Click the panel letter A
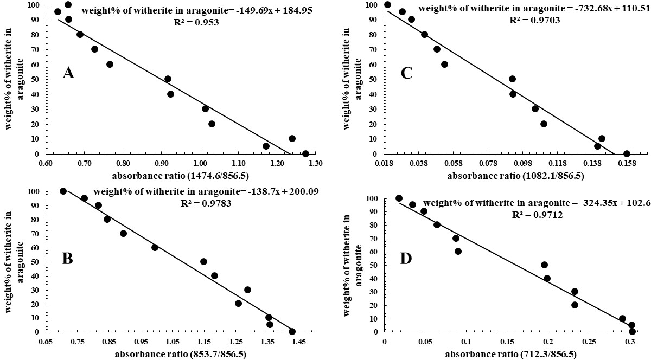click(x=68, y=73)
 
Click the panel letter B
click(x=67, y=259)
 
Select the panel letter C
click(x=406, y=73)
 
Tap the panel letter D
click(x=406, y=259)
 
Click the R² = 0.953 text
click(x=196, y=22)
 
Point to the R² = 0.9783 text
click(x=206, y=203)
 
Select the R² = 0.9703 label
click(x=534, y=20)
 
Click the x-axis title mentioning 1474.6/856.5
click(x=181, y=176)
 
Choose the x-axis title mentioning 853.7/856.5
click(x=181, y=354)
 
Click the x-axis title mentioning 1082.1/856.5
click(x=515, y=176)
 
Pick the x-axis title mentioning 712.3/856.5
click(x=511, y=354)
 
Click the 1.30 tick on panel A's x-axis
click(x=316, y=164)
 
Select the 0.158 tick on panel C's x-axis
click(x=627, y=164)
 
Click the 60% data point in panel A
click(x=110, y=64)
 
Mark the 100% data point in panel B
click(x=63, y=191)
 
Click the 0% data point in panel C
click(x=627, y=153)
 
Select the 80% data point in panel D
click(x=437, y=224)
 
